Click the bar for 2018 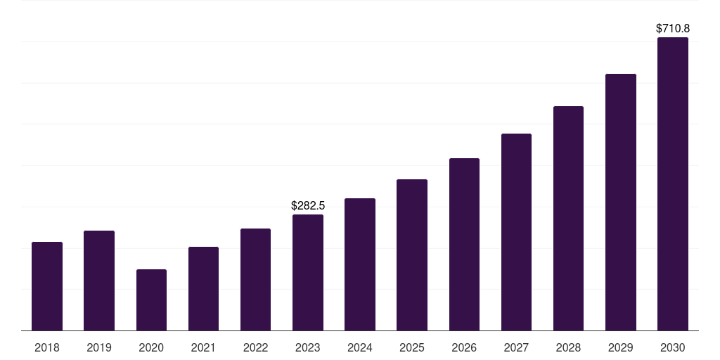click(x=47, y=286)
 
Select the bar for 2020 click(x=151, y=300)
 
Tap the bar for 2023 click(x=308, y=273)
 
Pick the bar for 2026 click(x=464, y=245)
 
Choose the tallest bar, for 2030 click(x=673, y=184)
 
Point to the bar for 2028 click(x=568, y=219)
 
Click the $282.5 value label click(x=308, y=206)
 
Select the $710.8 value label click(x=673, y=29)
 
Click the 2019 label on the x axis click(x=99, y=347)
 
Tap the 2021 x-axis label click(x=203, y=347)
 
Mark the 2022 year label click(x=255, y=347)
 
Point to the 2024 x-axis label click(x=360, y=347)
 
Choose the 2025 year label click(x=412, y=347)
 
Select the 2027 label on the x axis click(x=516, y=347)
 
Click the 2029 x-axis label click(x=620, y=347)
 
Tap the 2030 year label click(x=673, y=347)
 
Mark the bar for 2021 click(x=203, y=289)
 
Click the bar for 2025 click(x=412, y=255)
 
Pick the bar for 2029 click(x=620, y=202)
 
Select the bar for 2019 click(x=99, y=281)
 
